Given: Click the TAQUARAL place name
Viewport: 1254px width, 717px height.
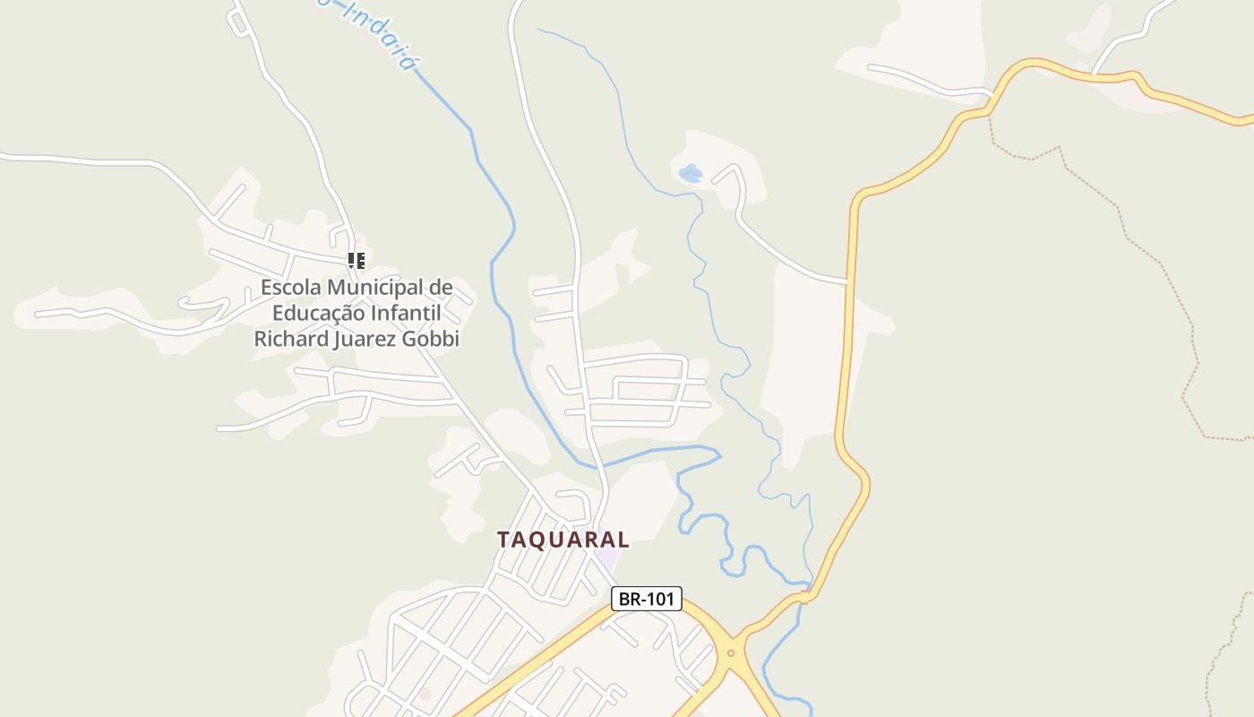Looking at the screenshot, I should pyautogui.click(x=563, y=540).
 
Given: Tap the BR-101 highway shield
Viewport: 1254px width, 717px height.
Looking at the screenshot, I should pyautogui.click(x=647, y=599).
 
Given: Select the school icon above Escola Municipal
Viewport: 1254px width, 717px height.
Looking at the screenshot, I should pyautogui.click(x=356, y=261).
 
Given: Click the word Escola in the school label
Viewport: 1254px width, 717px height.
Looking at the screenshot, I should pyautogui.click(x=291, y=288).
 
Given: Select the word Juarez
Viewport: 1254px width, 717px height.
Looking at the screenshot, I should pyautogui.click(x=365, y=339).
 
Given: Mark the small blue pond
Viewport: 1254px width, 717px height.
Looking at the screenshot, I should pyautogui.click(x=690, y=173).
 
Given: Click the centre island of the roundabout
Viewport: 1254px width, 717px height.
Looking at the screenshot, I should pyautogui.click(x=731, y=652).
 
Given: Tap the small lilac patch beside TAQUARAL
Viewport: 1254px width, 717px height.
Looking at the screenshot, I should pyautogui.click(x=608, y=558).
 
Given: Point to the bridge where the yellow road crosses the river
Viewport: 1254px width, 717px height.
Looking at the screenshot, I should pyautogui.click(x=804, y=597).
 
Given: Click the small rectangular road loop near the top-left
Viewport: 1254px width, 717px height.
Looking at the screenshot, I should pyautogui.click(x=238, y=23).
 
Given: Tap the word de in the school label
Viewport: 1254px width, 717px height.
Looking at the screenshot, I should pyautogui.click(x=442, y=288).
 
